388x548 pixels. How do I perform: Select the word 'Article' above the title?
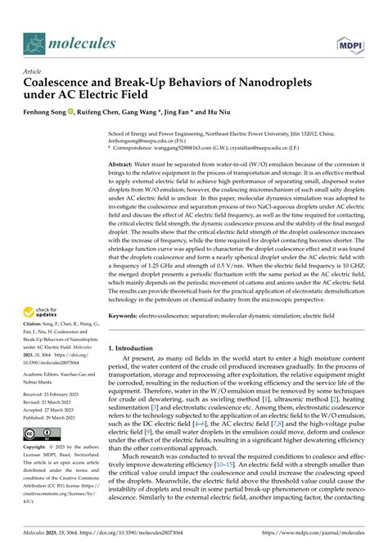pyautogui.click(x=34, y=72)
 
